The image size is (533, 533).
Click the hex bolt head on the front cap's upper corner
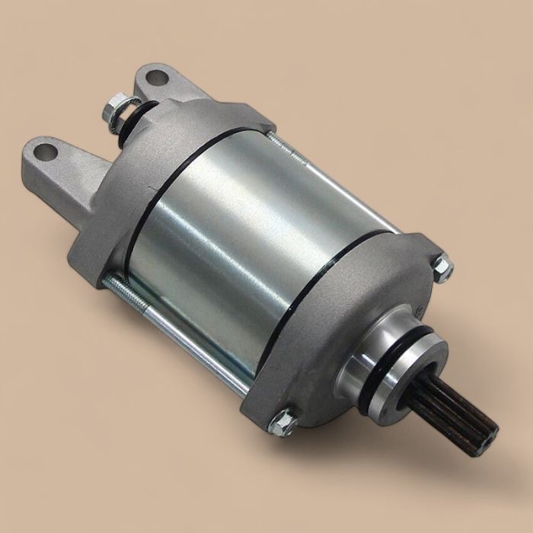442,268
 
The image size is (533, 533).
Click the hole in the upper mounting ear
157,77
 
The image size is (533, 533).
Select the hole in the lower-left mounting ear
46,152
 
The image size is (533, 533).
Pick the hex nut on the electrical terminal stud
114,111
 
